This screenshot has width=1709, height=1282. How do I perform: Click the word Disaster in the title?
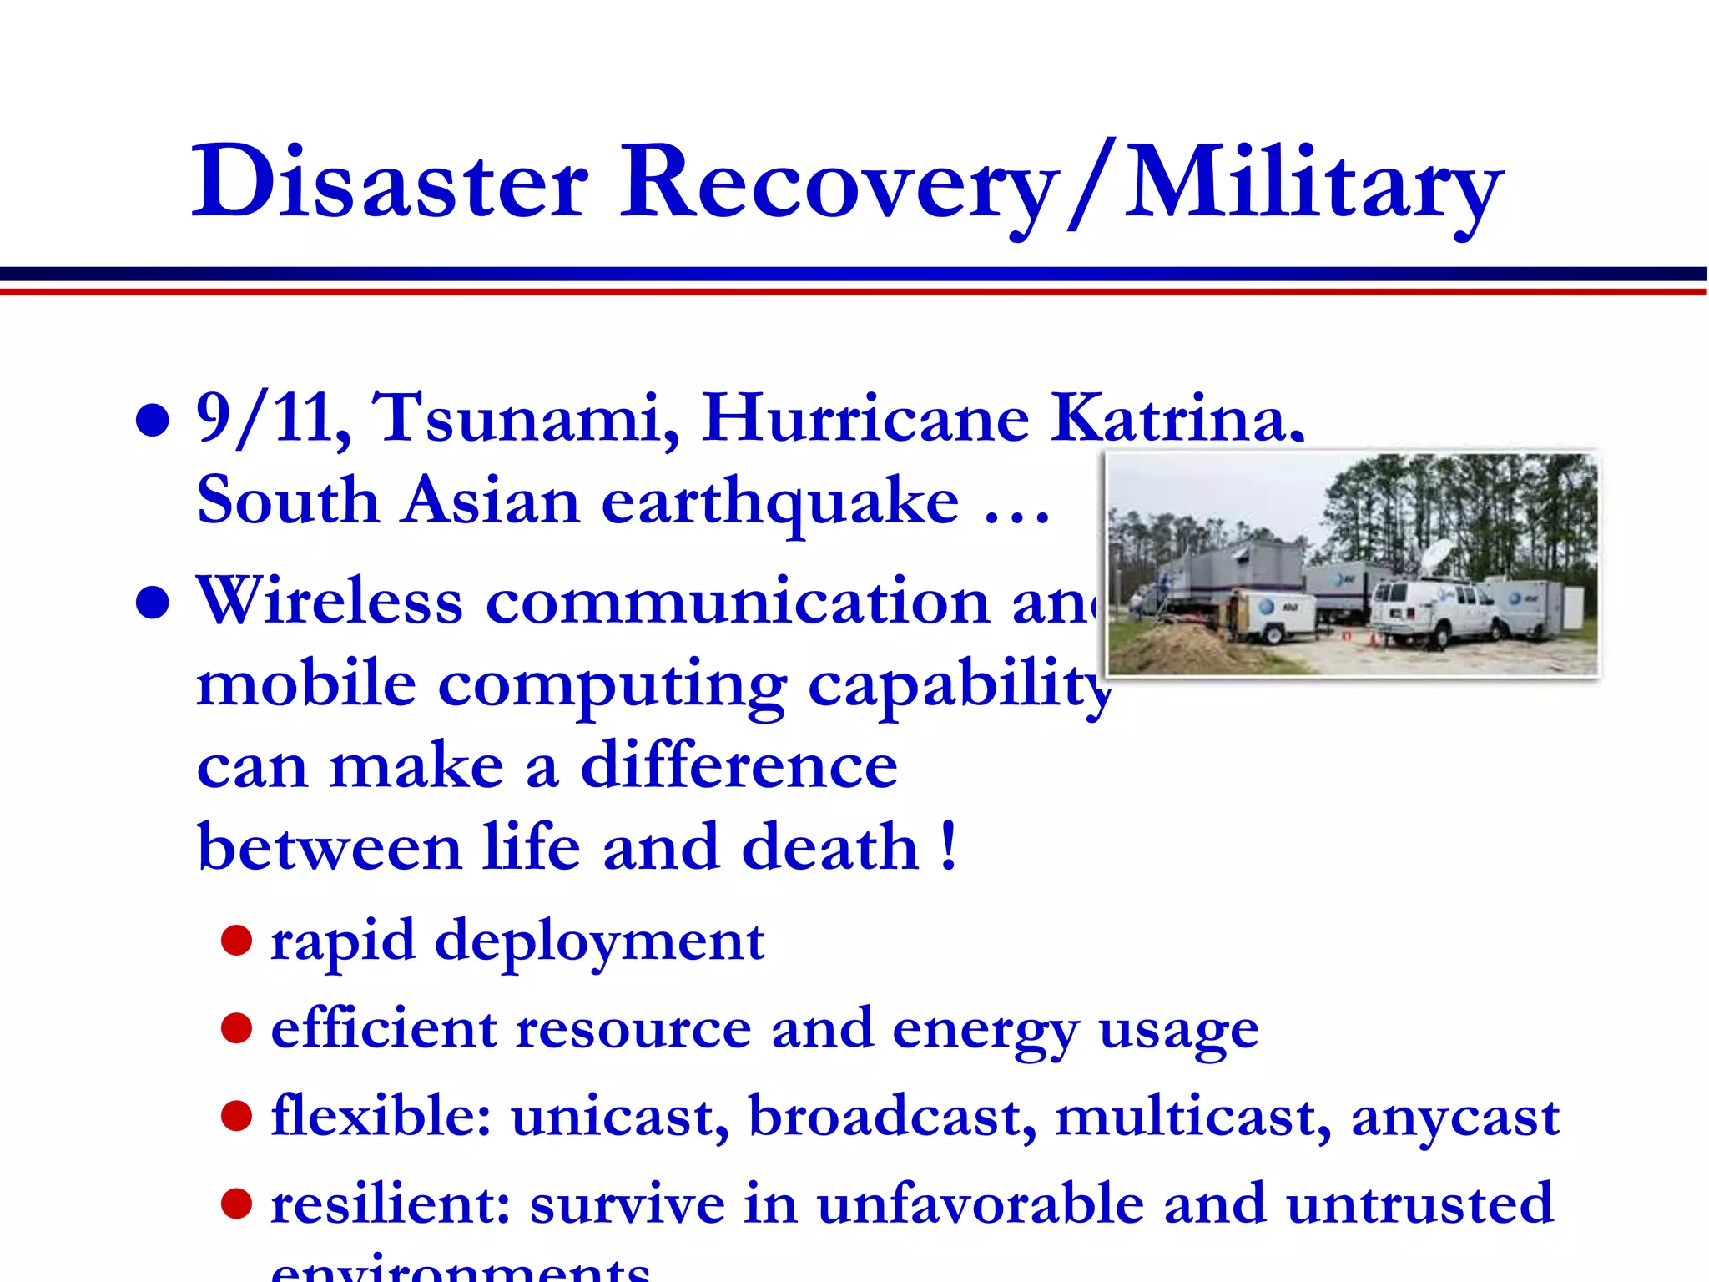(390, 182)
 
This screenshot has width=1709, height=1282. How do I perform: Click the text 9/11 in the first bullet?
(273, 419)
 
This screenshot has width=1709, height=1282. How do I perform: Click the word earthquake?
(780, 503)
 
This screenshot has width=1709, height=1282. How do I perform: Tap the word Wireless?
(329, 601)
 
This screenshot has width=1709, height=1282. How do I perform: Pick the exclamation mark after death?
(948, 846)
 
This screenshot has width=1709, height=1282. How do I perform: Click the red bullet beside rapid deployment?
(237, 940)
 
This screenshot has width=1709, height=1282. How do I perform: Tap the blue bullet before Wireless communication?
(153, 603)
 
